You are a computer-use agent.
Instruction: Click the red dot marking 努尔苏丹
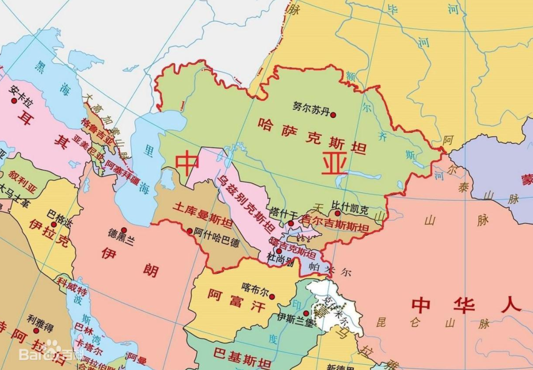coord(333,115)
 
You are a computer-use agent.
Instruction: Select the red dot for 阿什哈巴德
coord(190,230)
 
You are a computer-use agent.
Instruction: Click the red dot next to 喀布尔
coord(271,296)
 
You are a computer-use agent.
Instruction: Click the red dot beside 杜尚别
coord(279,251)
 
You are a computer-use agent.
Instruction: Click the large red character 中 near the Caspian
coord(188,163)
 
